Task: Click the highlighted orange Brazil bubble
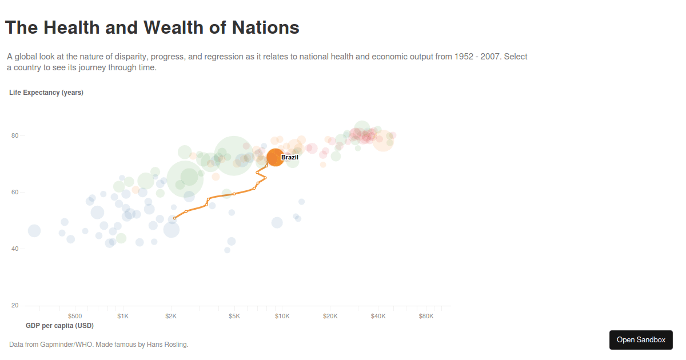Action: click(x=275, y=157)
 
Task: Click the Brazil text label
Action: click(x=290, y=157)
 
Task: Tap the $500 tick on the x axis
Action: click(x=75, y=316)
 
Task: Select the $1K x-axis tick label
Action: click(x=123, y=316)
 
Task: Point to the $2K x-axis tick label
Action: click(x=171, y=316)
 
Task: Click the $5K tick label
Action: click(x=234, y=316)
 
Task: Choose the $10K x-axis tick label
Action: click(x=282, y=316)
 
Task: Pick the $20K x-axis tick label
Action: click(x=330, y=316)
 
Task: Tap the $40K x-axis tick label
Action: click(x=378, y=316)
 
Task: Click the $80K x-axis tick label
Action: click(x=426, y=316)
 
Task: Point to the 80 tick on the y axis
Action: click(x=15, y=136)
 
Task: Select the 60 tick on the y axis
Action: click(x=15, y=193)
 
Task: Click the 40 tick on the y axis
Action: click(x=15, y=249)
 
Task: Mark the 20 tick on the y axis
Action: click(x=15, y=306)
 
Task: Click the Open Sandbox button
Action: click(x=641, y=340)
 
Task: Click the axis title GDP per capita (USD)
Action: click(x=60, y=326)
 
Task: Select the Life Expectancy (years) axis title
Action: click(x=46, y=93)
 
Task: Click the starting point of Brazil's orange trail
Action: click(x=175, y=218)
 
